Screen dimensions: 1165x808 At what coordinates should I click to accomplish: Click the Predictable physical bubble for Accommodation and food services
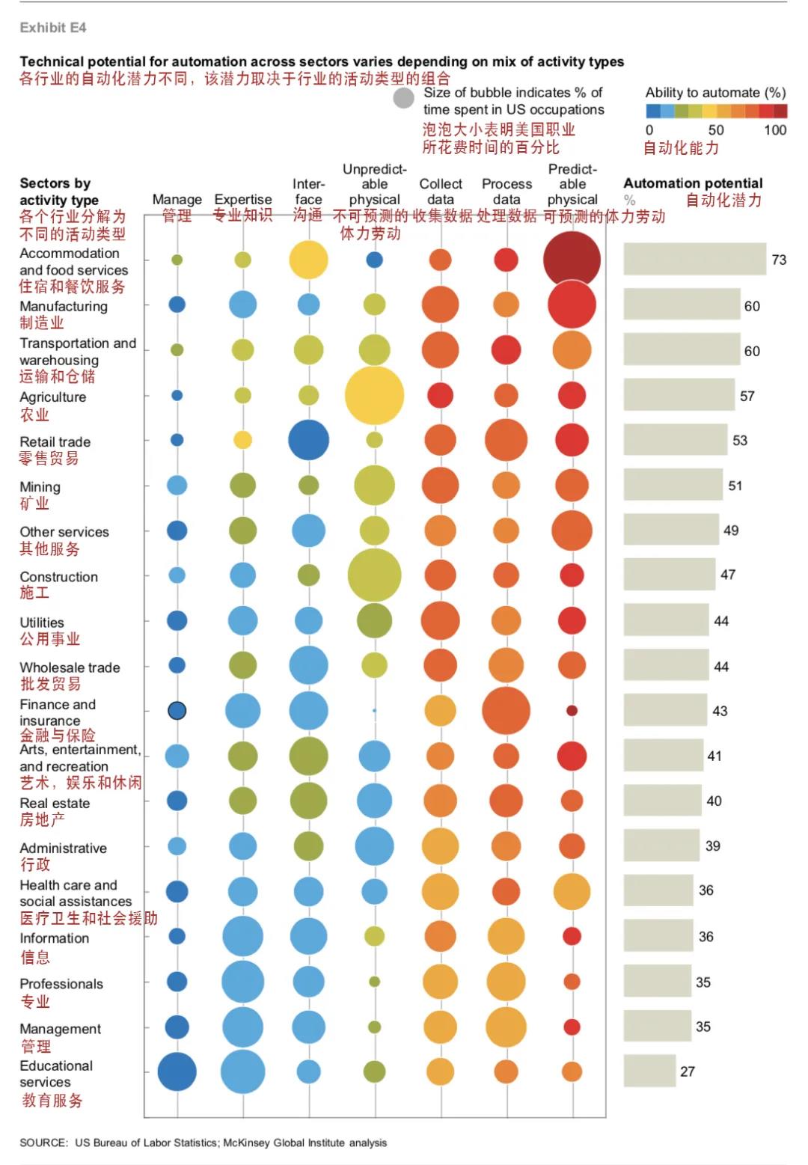click(572, 260)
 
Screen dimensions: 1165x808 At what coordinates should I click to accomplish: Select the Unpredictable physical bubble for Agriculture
click(374, 395)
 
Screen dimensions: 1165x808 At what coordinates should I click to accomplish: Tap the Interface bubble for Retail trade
click(308, 440)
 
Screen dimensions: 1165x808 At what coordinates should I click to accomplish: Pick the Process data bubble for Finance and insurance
click(506, 710)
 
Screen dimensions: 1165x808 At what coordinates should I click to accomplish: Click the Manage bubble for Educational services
click(177, 1071)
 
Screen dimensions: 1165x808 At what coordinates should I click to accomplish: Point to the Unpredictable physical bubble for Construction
click(374, 575)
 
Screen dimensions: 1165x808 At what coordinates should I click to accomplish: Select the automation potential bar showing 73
click(694, 260)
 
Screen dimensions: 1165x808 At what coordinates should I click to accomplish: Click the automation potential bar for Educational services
click(649, 1071)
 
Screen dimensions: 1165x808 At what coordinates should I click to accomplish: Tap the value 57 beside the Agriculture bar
click(747, 396)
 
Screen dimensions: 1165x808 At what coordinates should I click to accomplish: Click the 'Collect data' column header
click(441, 192)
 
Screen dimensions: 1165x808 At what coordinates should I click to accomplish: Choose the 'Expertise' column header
click(243, 200)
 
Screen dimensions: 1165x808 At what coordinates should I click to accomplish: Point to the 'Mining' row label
click(40, 487)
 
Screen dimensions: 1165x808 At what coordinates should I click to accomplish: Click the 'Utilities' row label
click(42, 623)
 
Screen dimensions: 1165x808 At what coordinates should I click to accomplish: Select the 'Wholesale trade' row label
click(70, 667)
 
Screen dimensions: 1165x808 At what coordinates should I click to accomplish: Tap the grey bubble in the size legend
click(404, 99)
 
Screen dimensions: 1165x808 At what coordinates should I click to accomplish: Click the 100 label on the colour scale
click(775, 129)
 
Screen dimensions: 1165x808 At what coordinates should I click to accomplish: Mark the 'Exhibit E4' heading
click(53, 28)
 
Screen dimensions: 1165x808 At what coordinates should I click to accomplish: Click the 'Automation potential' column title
click(693, 183)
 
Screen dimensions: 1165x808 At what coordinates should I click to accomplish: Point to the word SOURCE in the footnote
click(43, 1143)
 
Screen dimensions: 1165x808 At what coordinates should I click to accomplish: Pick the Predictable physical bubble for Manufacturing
click(572, 305)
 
